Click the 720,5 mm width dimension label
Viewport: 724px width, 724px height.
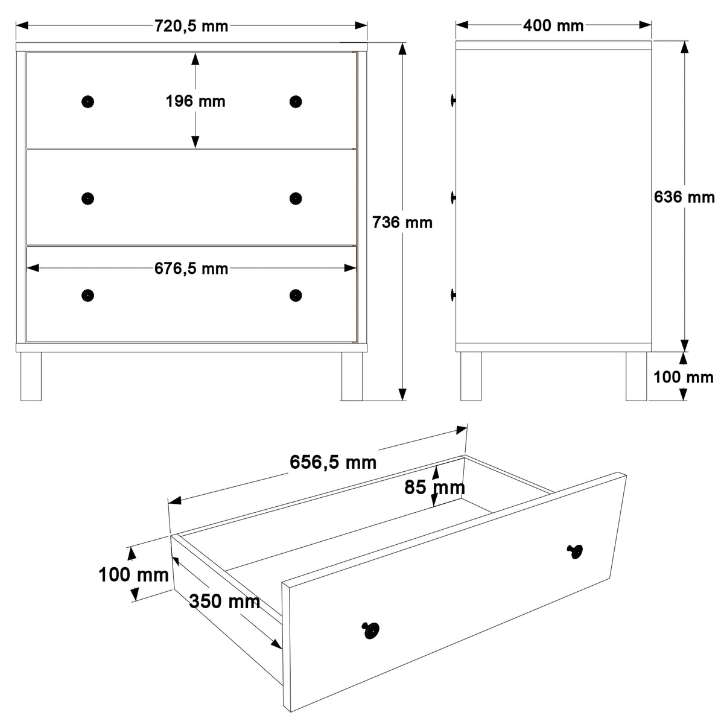(191, 27)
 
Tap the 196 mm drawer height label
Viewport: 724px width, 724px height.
(195, 101)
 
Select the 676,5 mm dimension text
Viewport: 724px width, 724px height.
(191, 268)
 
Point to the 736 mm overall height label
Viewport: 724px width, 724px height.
(402, 223)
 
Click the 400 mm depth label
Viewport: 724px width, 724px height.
(553, 25)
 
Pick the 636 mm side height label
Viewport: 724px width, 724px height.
(684, 197)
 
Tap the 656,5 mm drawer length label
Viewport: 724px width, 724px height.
(333, 462)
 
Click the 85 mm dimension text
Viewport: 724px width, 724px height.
(434, 487)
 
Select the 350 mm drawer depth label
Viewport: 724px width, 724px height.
(224, 601)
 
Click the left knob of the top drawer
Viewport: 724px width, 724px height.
(87, 101)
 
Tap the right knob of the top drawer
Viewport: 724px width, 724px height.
(296, 101)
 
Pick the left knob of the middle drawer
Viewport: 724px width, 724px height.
(87, 198)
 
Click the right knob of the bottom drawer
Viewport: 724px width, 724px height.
(296, 295)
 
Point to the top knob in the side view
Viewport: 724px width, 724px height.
(453, 100)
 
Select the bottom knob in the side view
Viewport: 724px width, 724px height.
(453, 295)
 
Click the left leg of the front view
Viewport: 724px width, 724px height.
(31, 376)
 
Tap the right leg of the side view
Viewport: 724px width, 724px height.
(636, 376)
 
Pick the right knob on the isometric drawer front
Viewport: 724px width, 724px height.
(575, 551)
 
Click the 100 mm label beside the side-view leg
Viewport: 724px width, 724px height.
(684, 377)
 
